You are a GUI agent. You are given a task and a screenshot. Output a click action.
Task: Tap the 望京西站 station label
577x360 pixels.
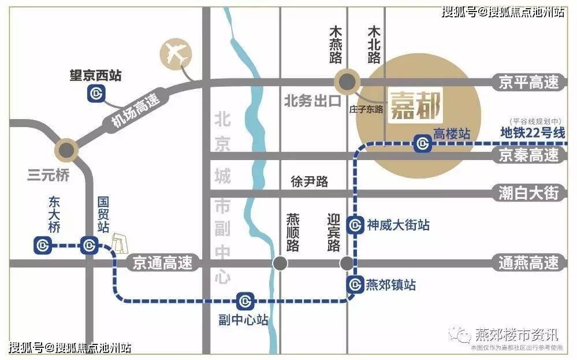point(96,76)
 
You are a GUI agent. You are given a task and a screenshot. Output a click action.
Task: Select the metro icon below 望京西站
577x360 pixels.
point(96,93)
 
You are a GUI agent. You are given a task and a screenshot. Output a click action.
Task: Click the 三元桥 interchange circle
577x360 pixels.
point(66,150)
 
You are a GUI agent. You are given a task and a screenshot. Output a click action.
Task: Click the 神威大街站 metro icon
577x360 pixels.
point(355,224)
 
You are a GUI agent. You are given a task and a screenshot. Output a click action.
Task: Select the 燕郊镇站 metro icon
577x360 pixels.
point(355,284)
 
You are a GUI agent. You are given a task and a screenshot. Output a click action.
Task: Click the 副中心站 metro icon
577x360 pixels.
point(245,300)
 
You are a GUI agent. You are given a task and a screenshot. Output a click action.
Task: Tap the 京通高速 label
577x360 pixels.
point(158,263)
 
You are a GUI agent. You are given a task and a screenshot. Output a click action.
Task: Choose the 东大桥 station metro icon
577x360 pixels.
point(43,246)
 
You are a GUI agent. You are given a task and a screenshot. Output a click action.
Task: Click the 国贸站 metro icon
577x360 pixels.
point(88,246)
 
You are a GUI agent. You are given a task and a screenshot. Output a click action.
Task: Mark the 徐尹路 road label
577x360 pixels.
point(310,181)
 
